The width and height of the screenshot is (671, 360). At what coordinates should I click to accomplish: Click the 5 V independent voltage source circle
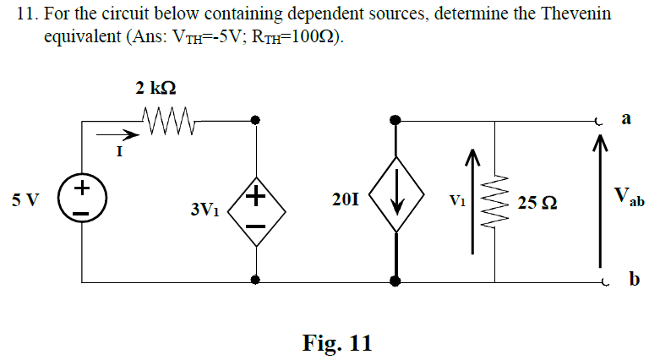82,201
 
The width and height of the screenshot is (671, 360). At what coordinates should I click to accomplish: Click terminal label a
627,119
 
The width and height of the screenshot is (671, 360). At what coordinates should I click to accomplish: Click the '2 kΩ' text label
155,88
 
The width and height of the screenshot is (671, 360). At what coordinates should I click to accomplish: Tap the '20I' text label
346,201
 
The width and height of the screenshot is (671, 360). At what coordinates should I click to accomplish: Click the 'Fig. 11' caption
336,343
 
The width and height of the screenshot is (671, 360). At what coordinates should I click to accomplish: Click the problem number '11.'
28,16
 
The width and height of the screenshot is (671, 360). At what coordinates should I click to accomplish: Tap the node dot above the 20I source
395,121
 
